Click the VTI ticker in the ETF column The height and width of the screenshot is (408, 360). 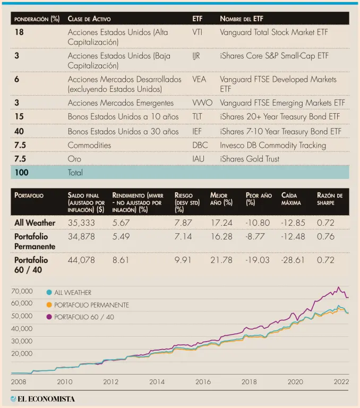coord(198,32)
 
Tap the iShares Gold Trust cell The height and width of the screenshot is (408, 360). coord(249,159)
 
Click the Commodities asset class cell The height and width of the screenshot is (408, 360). coord(89,145)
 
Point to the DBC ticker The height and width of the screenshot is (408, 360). coord(200,145)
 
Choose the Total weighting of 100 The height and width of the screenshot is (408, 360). coord(22,173)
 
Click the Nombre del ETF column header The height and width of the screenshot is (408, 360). coord(241,19)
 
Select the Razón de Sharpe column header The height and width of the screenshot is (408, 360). coord(329,199)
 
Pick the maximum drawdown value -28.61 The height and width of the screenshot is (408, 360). coord(293,260)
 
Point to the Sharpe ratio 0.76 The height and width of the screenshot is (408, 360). coord(325,236)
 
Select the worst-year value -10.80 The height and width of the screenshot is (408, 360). coord(258,223)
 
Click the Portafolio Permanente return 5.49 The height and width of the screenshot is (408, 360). coord(121,236)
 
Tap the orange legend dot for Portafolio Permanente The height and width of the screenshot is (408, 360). coord(49,305)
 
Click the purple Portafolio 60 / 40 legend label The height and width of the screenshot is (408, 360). coord(84,317)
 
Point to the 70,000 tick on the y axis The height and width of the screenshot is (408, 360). coord(22,291)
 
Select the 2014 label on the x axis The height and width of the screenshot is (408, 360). coord(157,381)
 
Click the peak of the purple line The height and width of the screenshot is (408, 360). coord(338,287)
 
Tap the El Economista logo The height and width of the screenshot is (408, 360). coord(42,398)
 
